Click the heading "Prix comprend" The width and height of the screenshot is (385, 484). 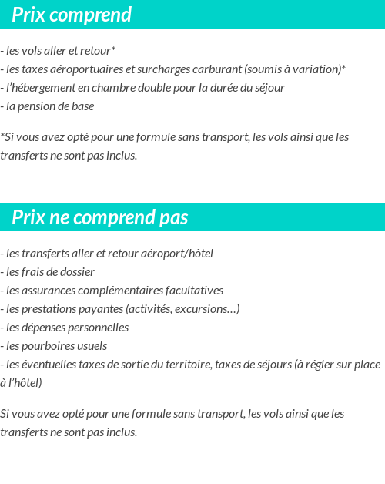pos(72,15)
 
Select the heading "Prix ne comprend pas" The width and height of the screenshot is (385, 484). pos(100,217)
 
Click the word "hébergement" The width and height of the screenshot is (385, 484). pos(42,88)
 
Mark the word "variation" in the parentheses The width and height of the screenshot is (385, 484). pos(314,69)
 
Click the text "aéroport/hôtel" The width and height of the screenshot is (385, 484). pos(177,254)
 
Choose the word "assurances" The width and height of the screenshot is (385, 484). pos(48,291)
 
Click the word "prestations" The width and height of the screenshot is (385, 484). pos(49,309)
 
